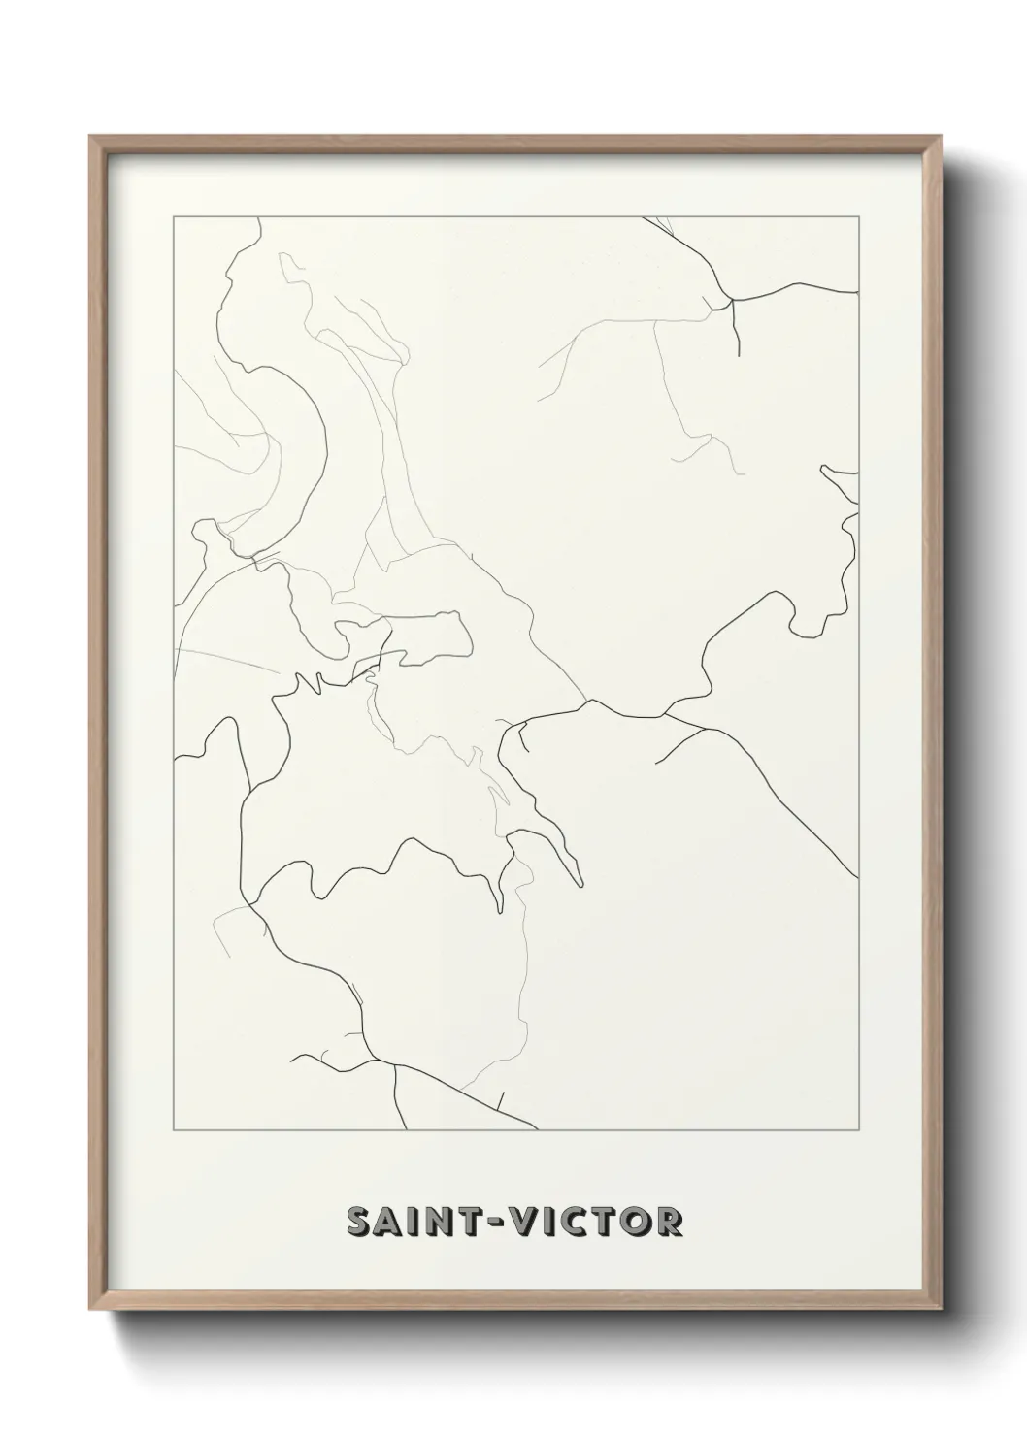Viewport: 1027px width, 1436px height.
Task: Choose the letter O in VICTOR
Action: pyautogui.click(x=635, y=1222)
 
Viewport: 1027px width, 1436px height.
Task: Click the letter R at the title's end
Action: pyautogui.click(x=669, y=1222)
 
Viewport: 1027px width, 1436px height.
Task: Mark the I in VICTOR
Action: pyautogui.click(x=564, y=1222)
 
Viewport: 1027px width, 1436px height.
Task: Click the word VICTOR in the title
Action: pyautogui.click(x=604, y=1222)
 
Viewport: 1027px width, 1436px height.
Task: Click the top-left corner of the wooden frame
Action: pyautogui.click(x=91, y=137)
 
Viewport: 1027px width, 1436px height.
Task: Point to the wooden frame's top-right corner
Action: pyautogui.click(x=939, y=137)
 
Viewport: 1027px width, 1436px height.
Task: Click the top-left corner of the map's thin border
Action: pyautogui.click(x=174, y=217)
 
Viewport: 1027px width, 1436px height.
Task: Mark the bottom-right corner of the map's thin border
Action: pyautogui.click(x=858, y=1130)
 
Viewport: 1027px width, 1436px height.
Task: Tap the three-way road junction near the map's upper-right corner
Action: pyautogui.click(x=732, y=302)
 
